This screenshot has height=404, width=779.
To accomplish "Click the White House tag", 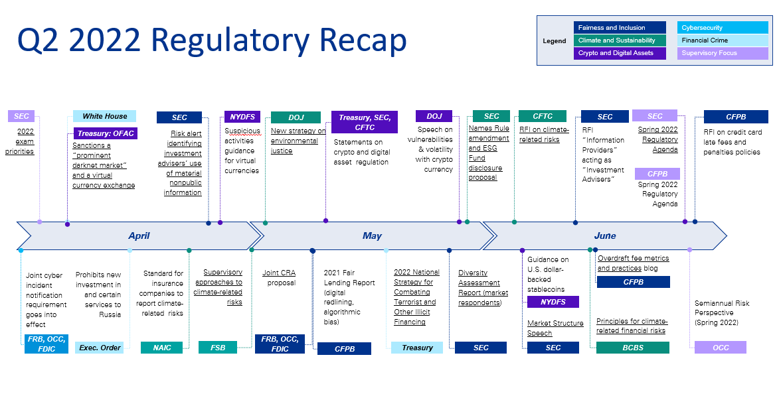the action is [x=104, y=116].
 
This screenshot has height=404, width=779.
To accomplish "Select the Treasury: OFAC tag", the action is [x=106, y=133].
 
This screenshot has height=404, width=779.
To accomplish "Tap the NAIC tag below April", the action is [x=161, y=348].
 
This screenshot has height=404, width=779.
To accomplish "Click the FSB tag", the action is [x=218, y=348].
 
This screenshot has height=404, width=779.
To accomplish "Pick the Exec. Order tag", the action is [x=100, y=348].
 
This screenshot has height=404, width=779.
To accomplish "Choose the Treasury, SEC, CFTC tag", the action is [x=365, y=122].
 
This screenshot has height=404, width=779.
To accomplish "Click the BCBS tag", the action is [x=632, y=348].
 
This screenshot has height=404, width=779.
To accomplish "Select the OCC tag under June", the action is [x=721, y=347].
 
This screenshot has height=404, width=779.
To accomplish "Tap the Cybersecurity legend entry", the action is [x=723, y=28].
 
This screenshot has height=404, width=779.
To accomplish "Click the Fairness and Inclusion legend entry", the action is [x=620, y=28].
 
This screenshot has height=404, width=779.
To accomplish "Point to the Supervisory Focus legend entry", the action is [x=723, y=53].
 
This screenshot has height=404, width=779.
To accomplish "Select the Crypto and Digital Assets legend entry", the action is [x=620, y=53].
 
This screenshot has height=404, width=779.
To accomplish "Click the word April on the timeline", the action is [x=139, y=236].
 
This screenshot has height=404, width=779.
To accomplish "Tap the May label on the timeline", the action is [x=372, y=236].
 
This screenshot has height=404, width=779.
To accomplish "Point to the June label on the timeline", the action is [x=604, y=236].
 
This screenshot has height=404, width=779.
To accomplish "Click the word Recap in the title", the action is [x=363, y=40].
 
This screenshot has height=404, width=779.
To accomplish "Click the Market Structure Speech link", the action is [x=555, y=328].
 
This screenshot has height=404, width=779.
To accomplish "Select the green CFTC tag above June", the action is [x=543, y=116].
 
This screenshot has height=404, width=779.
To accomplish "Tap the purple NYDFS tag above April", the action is [x=242, y=117].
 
